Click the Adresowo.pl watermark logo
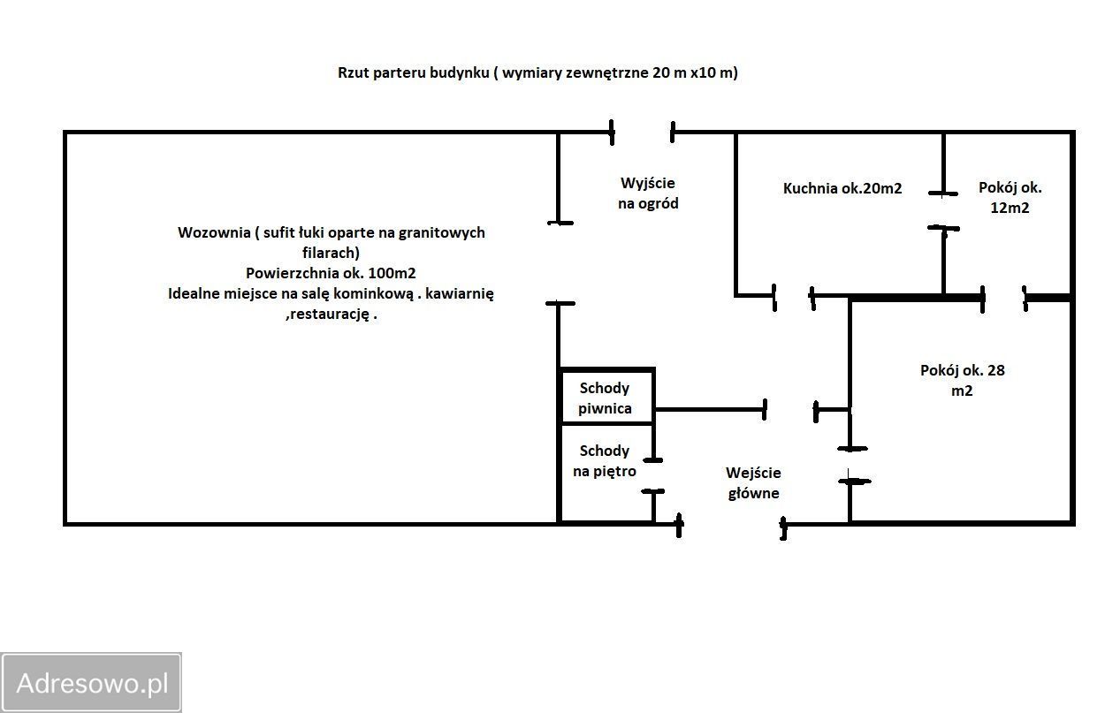point(92,683)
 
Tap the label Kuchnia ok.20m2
point(842,188)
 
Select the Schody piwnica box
point(606,398)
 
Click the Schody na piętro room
point(605,461)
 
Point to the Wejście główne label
point(753,482)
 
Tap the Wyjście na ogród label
point(648,193)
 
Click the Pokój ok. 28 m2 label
point(962,380)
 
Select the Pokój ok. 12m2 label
point(1010,198)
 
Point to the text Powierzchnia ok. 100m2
point(331,273)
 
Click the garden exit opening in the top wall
point(643,133)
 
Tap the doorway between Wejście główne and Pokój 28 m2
point(850,465)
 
